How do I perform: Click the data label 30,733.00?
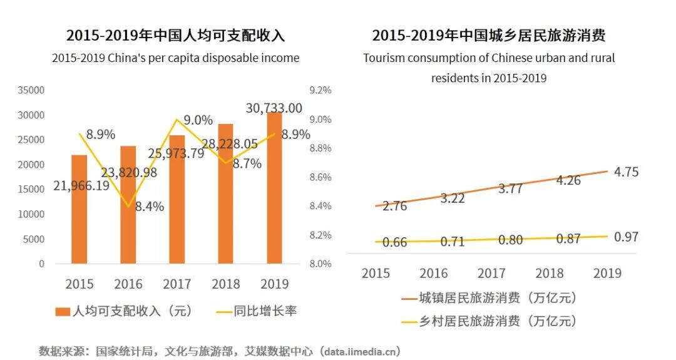pos(274,108)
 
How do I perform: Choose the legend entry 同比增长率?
pos(257,311)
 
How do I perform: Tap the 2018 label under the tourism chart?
pos(549,273)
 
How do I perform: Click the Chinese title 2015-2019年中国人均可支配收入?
pos(175,35)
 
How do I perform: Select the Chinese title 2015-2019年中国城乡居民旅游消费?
pos(488,35)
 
